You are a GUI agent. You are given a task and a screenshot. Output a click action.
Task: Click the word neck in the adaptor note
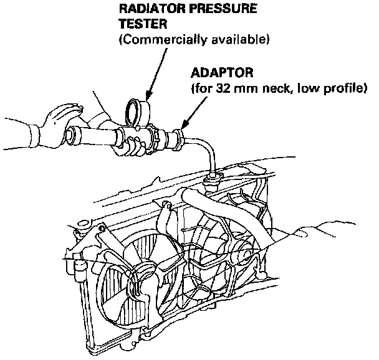pyautogui.click(x=271, y=88)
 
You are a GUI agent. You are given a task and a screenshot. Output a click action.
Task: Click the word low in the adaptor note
pyautogui.click(x=308, y=88)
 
